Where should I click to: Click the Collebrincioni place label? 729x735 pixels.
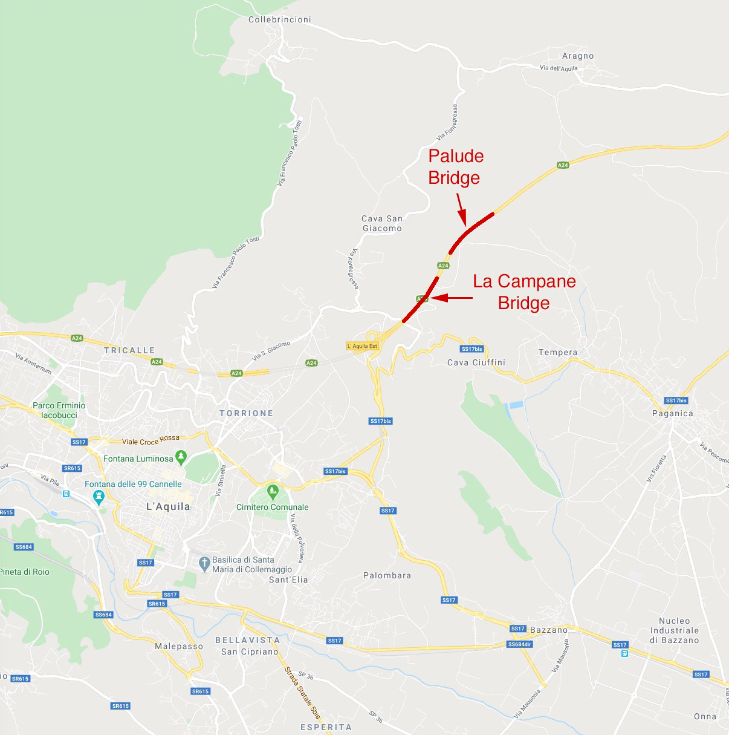point(279,20)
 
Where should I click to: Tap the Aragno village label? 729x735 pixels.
point(578,56)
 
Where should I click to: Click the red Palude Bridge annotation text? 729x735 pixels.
point(456,166)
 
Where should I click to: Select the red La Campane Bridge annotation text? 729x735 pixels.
point(524,292)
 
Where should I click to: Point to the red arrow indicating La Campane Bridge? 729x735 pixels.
point(452,298)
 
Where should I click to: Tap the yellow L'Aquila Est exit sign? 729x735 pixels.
point(362,346)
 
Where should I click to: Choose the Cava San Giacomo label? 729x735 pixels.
point(382,223)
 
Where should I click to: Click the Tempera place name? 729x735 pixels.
point(558,352)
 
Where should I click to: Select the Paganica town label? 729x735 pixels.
point(672,414)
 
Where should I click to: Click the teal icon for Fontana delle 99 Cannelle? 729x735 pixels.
point(99,497)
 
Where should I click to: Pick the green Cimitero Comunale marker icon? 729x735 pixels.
point(273,491)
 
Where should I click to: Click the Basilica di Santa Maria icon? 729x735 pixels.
point(204,564)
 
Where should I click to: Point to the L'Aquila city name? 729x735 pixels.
point(168,506)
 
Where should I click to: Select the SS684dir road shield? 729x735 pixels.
point(519,644)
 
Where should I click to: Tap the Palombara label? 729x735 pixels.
point(387,575)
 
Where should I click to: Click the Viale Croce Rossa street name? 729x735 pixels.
point(151,440)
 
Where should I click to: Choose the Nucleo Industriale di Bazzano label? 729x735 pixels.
point(675,630)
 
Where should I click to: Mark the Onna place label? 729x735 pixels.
point(705,716)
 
